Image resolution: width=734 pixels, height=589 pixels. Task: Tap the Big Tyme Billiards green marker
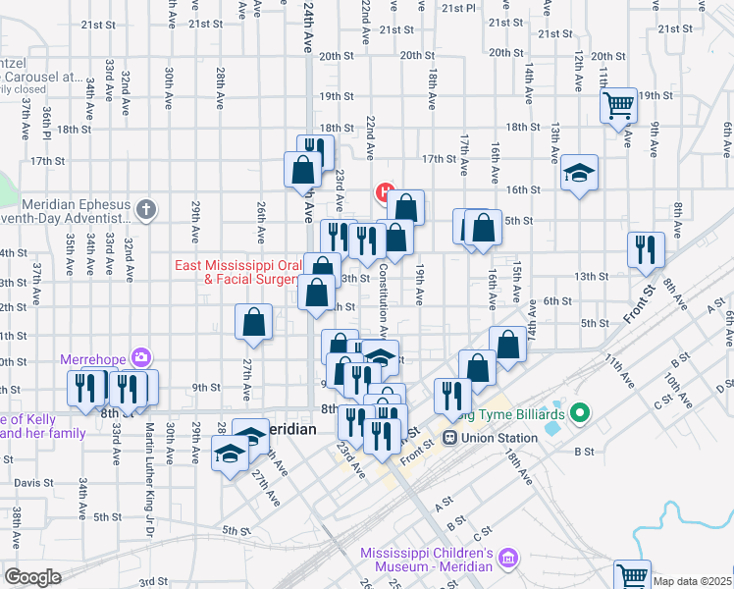[x=579, y=416]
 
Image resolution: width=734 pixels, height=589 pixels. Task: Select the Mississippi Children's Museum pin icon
[x=508, y=560]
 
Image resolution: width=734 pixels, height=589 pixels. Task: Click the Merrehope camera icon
[x=142, y=357]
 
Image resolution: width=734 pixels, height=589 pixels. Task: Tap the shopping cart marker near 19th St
[x=620, y=104]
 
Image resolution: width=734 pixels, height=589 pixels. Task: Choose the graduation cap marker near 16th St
[x=580, y=173]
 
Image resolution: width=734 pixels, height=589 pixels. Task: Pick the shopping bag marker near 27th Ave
[x=254, y=321]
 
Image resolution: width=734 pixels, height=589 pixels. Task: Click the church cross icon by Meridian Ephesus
[x=146, y=208]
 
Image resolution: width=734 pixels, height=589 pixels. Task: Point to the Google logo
[x=32, y=577]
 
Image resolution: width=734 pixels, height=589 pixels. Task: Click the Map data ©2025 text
[x=693, y=581]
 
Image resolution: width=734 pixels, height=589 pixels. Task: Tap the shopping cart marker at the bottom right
[x=631, y=574]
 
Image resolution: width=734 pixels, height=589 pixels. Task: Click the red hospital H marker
[x=386, y=191]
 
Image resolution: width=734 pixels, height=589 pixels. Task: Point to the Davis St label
[x=33, y=483]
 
